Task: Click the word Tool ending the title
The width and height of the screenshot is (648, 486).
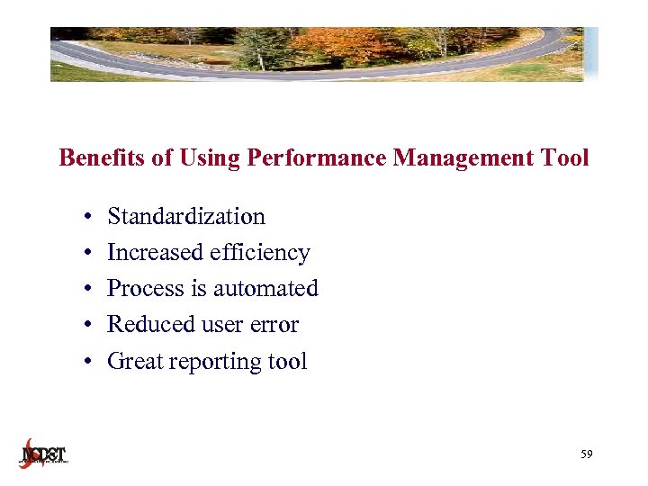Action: [564, 158]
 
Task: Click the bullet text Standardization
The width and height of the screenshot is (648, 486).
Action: [186, 217]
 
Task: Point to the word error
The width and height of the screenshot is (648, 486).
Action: [274, 325]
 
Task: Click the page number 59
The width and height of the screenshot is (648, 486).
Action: [587, 455]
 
